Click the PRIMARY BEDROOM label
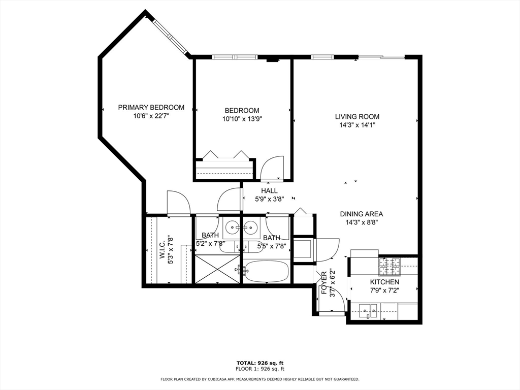coord(151,108)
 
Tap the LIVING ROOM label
coord(357,117)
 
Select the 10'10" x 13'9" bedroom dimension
coord(242,119)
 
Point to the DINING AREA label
coord(362,214)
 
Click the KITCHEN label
coord(385,282)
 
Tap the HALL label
coord(269,191)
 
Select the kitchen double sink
coord(369,311)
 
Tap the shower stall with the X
coord(217,269)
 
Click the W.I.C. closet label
coord(162,250)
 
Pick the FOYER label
coord(324,283)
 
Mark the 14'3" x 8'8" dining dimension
coord(362,222)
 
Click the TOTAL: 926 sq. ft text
coord(260,363)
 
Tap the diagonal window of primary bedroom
coord(171,36)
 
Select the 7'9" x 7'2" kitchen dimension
coord(385,290)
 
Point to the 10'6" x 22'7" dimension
coord(151,116)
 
